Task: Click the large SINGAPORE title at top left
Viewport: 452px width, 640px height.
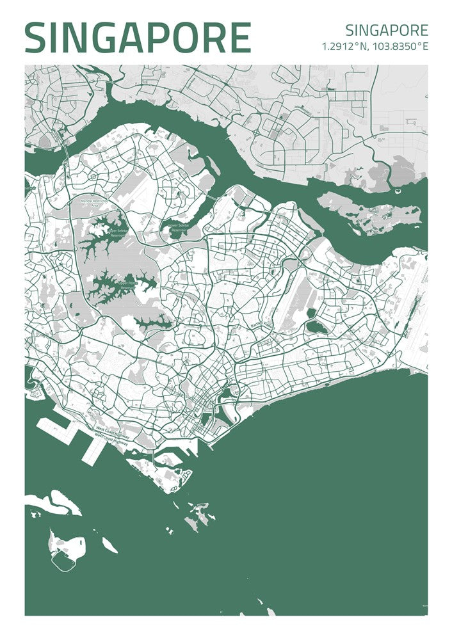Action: (x=138, y=38)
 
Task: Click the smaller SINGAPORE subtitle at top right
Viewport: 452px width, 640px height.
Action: (x=386, y=30)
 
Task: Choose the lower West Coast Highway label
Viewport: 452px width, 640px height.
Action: (x=111, y=440)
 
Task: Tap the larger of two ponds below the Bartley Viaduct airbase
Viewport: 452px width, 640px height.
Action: (x=315, y=327)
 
